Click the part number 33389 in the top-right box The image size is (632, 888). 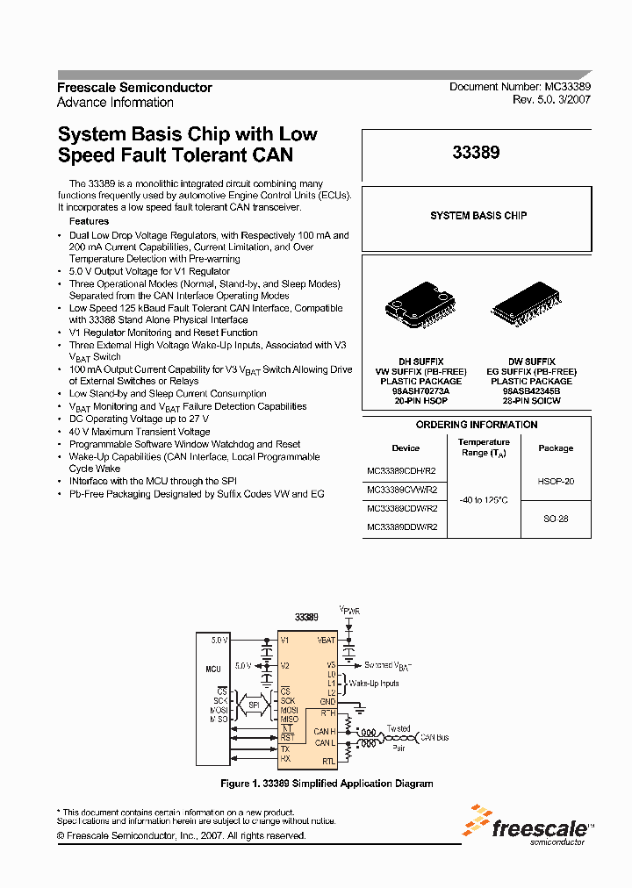coord(476,153)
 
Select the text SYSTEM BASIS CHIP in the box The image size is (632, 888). coord(478,215)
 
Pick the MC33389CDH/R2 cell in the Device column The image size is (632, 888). coord(402,469)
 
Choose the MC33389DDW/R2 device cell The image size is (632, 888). coord(402,527)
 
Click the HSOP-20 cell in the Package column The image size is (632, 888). coord(555,482)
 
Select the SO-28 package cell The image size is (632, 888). coord(555,519)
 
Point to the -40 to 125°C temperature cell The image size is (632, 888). coord(483,499)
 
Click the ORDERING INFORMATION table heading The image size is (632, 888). coord(476,425)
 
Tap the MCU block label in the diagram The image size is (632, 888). coord(212,670)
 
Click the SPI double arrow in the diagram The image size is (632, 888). coord(254,705)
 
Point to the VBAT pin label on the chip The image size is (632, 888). coord(326,641)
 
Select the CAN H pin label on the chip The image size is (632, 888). coord(324,731)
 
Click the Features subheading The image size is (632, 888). coord(89,222)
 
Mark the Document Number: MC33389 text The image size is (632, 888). coord(520,87)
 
